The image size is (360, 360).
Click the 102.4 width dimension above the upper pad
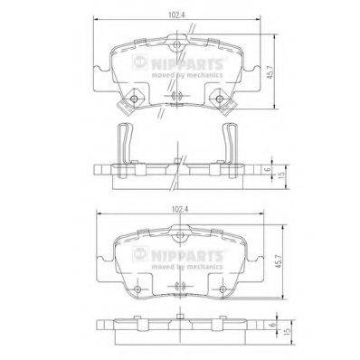(x=181, y=14)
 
